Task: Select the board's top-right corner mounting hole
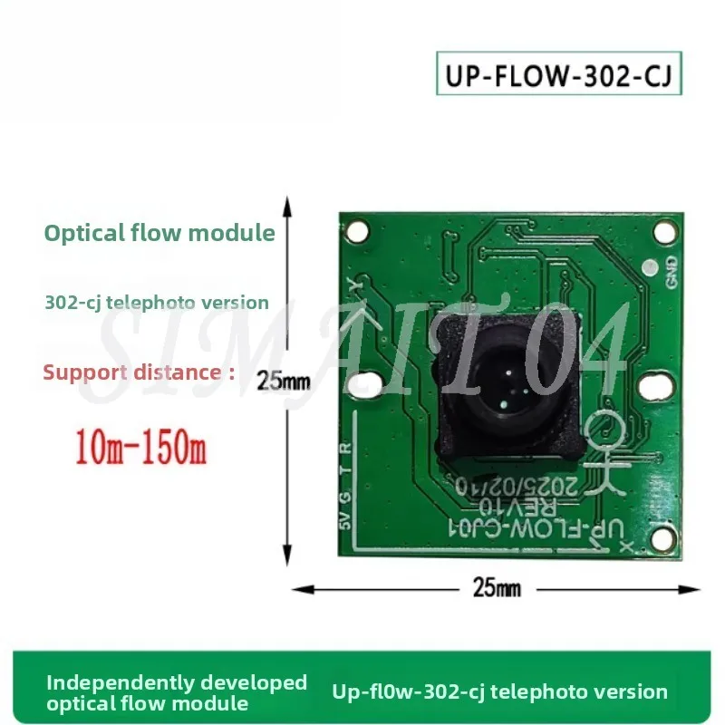coord(664,231)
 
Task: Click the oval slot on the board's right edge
coord(653,387)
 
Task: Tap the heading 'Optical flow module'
coord(159,233)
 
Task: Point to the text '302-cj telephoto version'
coord(157,303)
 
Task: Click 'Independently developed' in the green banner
coord(177,681)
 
